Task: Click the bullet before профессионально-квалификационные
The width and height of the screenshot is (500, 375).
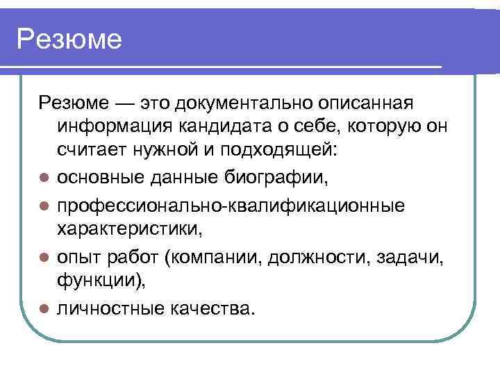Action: click(43, 206)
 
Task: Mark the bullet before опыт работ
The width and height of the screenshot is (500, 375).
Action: click(43, 258)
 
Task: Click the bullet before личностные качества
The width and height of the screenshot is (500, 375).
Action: click(43, 308)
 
